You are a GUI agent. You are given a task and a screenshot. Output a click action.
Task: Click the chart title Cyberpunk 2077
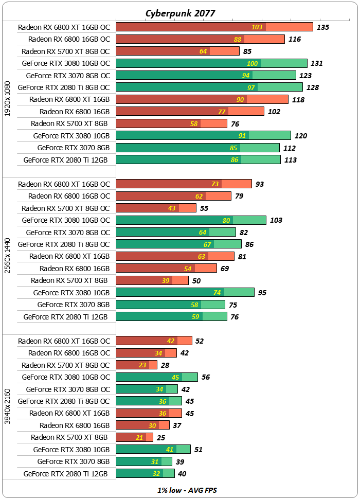coord(180,13)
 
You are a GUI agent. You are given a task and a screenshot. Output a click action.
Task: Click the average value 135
coord(323,27)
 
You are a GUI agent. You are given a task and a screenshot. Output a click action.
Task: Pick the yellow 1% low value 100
coord(253,63)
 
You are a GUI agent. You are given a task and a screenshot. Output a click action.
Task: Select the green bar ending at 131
coord(212,63)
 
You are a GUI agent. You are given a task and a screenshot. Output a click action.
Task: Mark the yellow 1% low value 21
coord(139,437)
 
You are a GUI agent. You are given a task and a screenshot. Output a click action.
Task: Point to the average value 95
coord(262,293)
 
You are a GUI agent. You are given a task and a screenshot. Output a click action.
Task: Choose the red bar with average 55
coord(156,208)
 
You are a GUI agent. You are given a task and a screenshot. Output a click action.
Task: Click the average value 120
coord(301,136)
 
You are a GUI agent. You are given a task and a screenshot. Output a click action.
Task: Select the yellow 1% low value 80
coord(226,220)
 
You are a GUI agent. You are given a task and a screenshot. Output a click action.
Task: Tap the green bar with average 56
coord(157,377)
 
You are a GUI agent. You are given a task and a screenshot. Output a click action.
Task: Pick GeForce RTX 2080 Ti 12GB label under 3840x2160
coord(66,474)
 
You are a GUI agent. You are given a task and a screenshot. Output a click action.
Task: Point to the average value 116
coord(295,39)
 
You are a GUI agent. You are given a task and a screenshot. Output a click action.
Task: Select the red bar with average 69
coord(167,269)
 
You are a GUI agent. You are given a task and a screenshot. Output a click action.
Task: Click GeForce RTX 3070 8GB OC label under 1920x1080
coord(68,75)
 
